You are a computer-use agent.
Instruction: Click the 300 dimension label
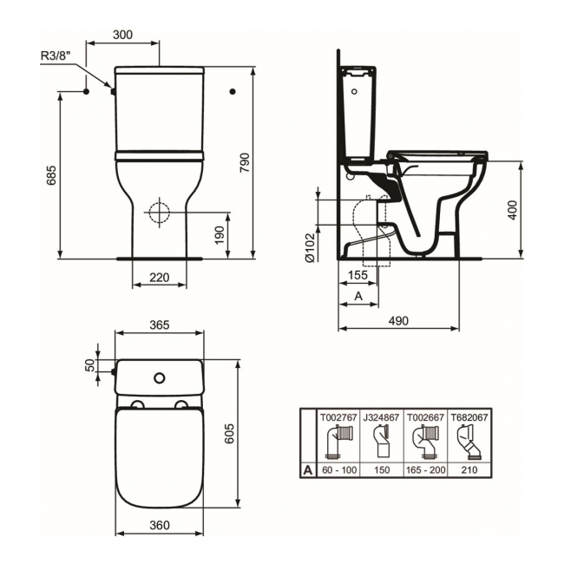click(x=122, y=35)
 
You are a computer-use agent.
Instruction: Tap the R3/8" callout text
click(x=56, y=56)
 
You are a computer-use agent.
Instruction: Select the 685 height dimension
click(x=51, y=175)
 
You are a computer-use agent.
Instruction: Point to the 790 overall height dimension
click(x=245, y=162)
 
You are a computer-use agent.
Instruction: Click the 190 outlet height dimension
click(x=220, y=235)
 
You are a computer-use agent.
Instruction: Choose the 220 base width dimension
click(x=160, y=278)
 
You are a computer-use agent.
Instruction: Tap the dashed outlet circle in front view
click(x=160, y=213)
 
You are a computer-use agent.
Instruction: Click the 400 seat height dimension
click(x=512, y=210)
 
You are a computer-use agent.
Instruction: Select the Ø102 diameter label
click(x=310, y=247)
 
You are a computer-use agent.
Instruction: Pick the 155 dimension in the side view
click(x=358, y=275)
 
